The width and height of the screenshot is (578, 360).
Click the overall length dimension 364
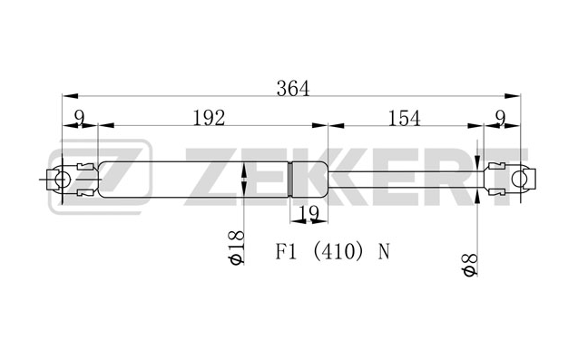pos(293,89)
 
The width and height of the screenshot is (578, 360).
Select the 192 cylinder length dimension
pos(209,118)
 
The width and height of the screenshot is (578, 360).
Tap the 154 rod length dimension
pos(404,118)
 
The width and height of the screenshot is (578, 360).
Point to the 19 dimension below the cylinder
pos(309,213)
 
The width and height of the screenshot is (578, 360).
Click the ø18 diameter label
pos(236,248)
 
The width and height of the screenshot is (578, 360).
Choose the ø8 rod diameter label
pos(470,265)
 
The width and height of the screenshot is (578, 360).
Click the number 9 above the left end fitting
pos(79,118)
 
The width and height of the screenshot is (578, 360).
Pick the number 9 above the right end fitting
pos(500,118)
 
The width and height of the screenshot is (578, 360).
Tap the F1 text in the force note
pos(286,252)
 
